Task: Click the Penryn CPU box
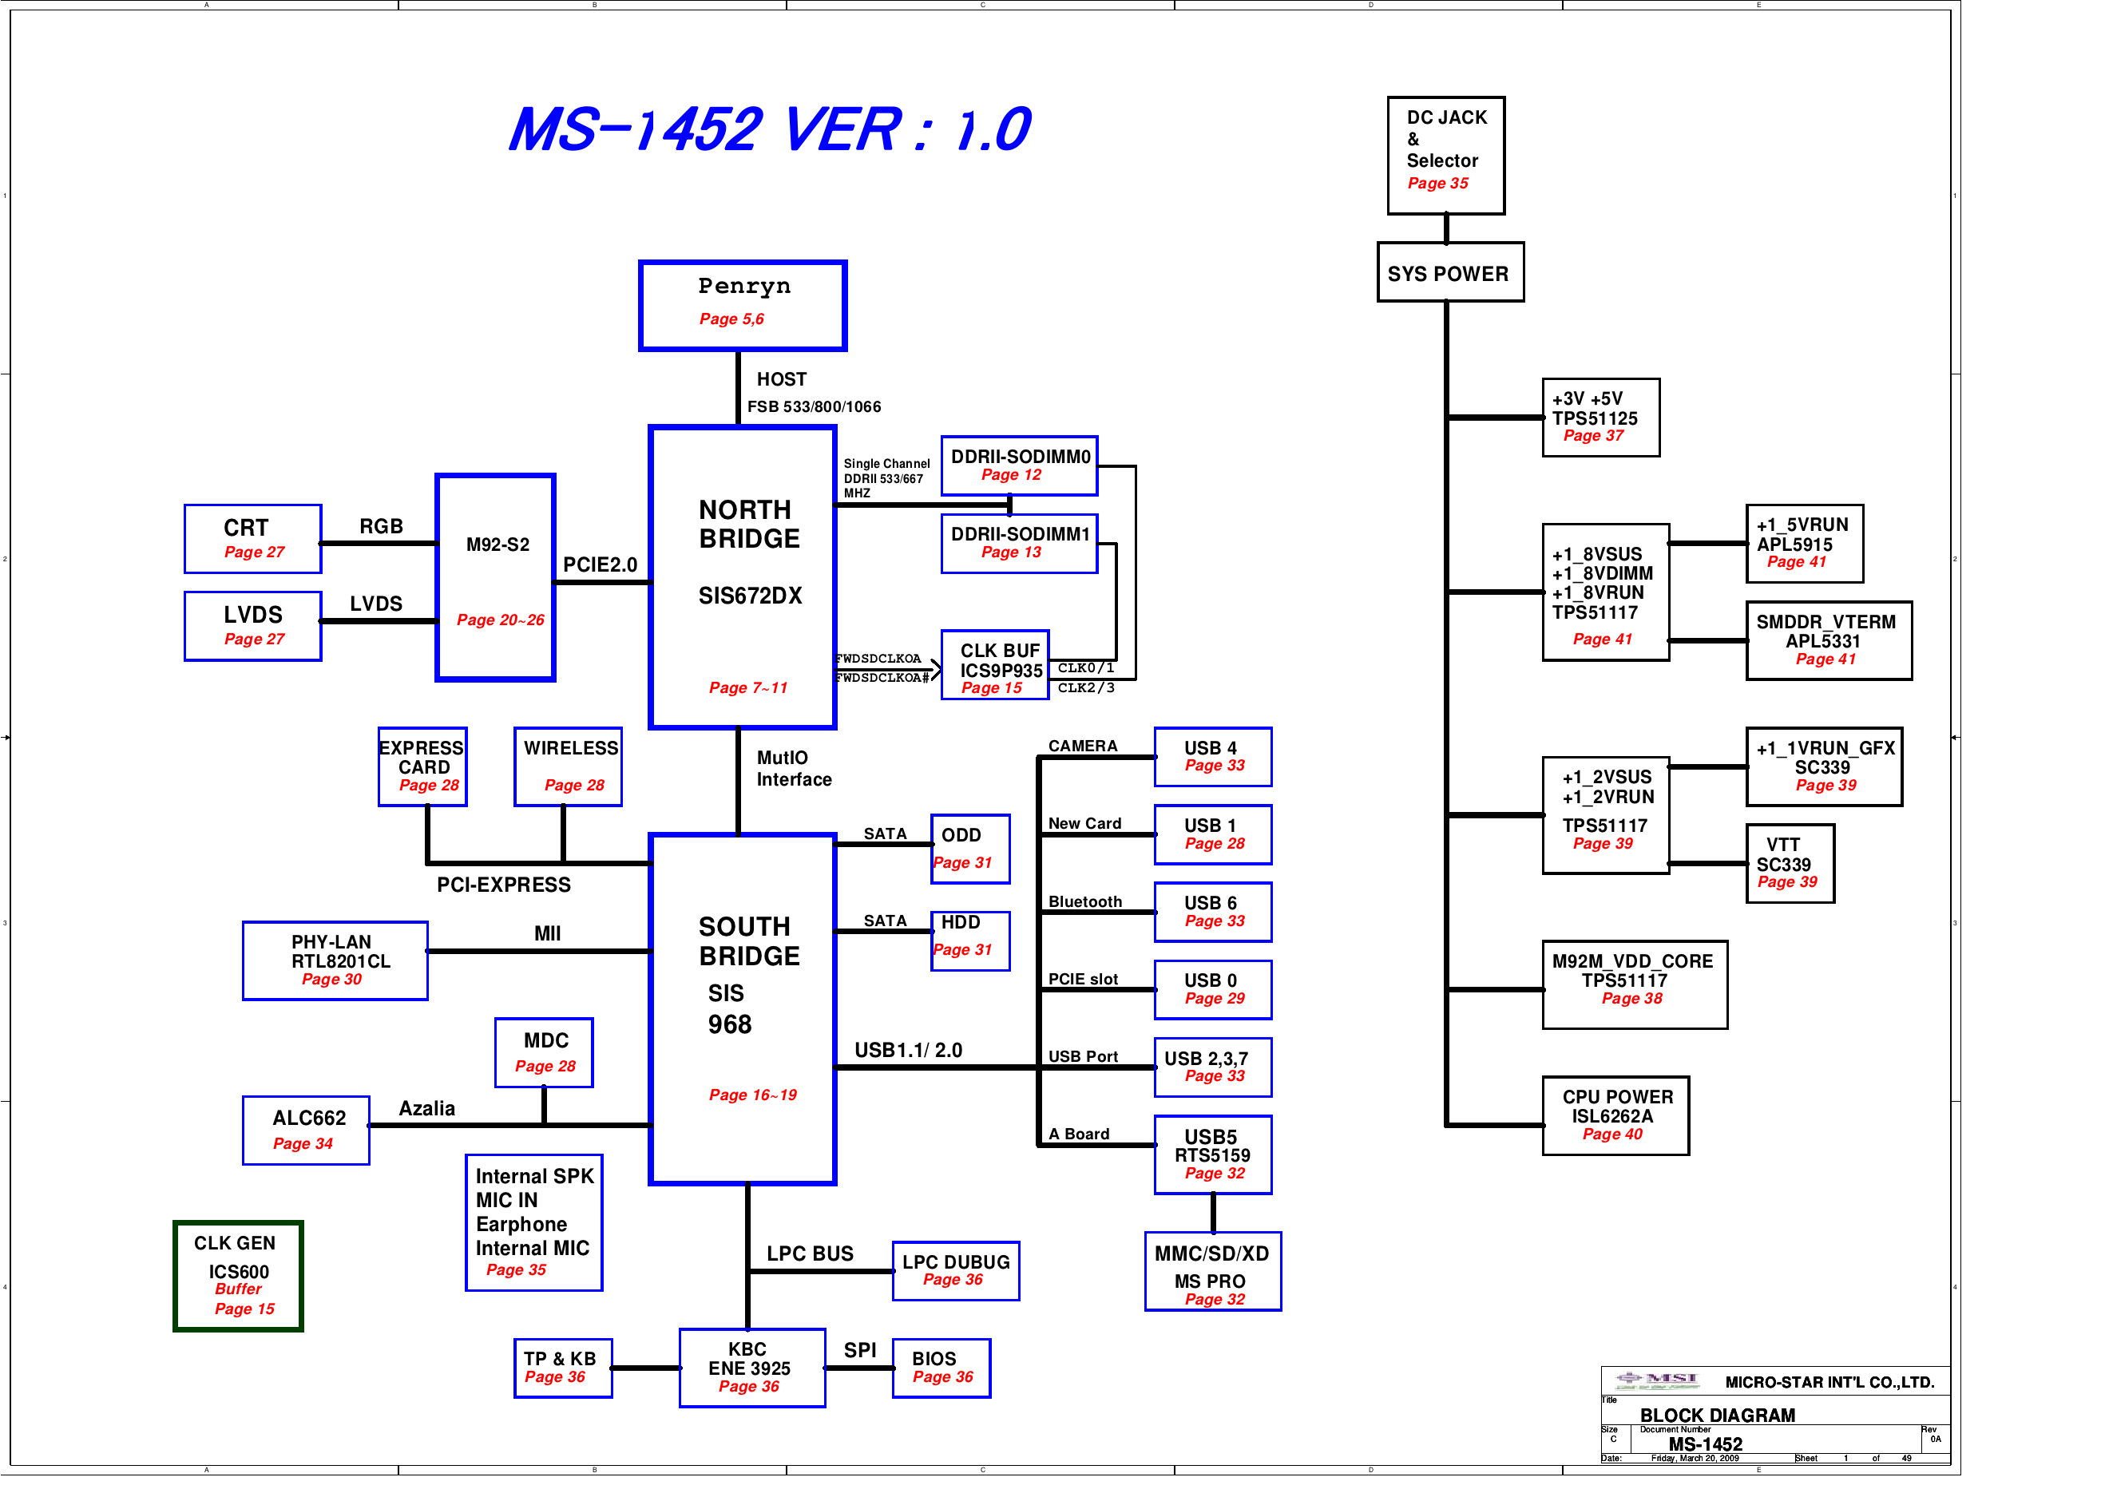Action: [x=742, y=305]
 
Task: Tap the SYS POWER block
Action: [x=1449, y=273]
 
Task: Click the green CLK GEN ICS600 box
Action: [x=238, y=1276]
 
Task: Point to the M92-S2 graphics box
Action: [x=495, y=577]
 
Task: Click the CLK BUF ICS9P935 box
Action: [x=995, y=665]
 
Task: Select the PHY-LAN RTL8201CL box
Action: [x=334, y=960]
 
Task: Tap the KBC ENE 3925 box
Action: [x=751, y=1367]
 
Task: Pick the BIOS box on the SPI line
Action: [x=941, y=1367]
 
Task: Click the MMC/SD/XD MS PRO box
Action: [x=1211, y=1271]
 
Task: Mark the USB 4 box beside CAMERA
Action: [x=1212, y=756]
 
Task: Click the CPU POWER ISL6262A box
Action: [x=1615, y=1115]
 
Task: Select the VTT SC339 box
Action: [x=1789, y=863]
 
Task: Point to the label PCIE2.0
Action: [x=600, y=564]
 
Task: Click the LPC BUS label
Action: [x=809, y=1253]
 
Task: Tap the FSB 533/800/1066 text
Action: [x=814, y=406]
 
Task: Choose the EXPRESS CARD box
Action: [x=422, y=766]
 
